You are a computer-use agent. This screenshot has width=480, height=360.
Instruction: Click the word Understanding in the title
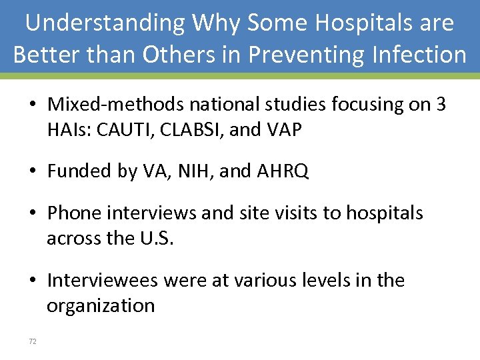click(105, 23)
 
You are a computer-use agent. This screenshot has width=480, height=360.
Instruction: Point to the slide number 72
click(33, 341)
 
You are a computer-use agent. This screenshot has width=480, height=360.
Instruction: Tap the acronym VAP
click(283, 130)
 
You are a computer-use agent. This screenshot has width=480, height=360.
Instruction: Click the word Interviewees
click(102, 280)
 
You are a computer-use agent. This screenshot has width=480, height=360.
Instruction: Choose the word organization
click(101, 306)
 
